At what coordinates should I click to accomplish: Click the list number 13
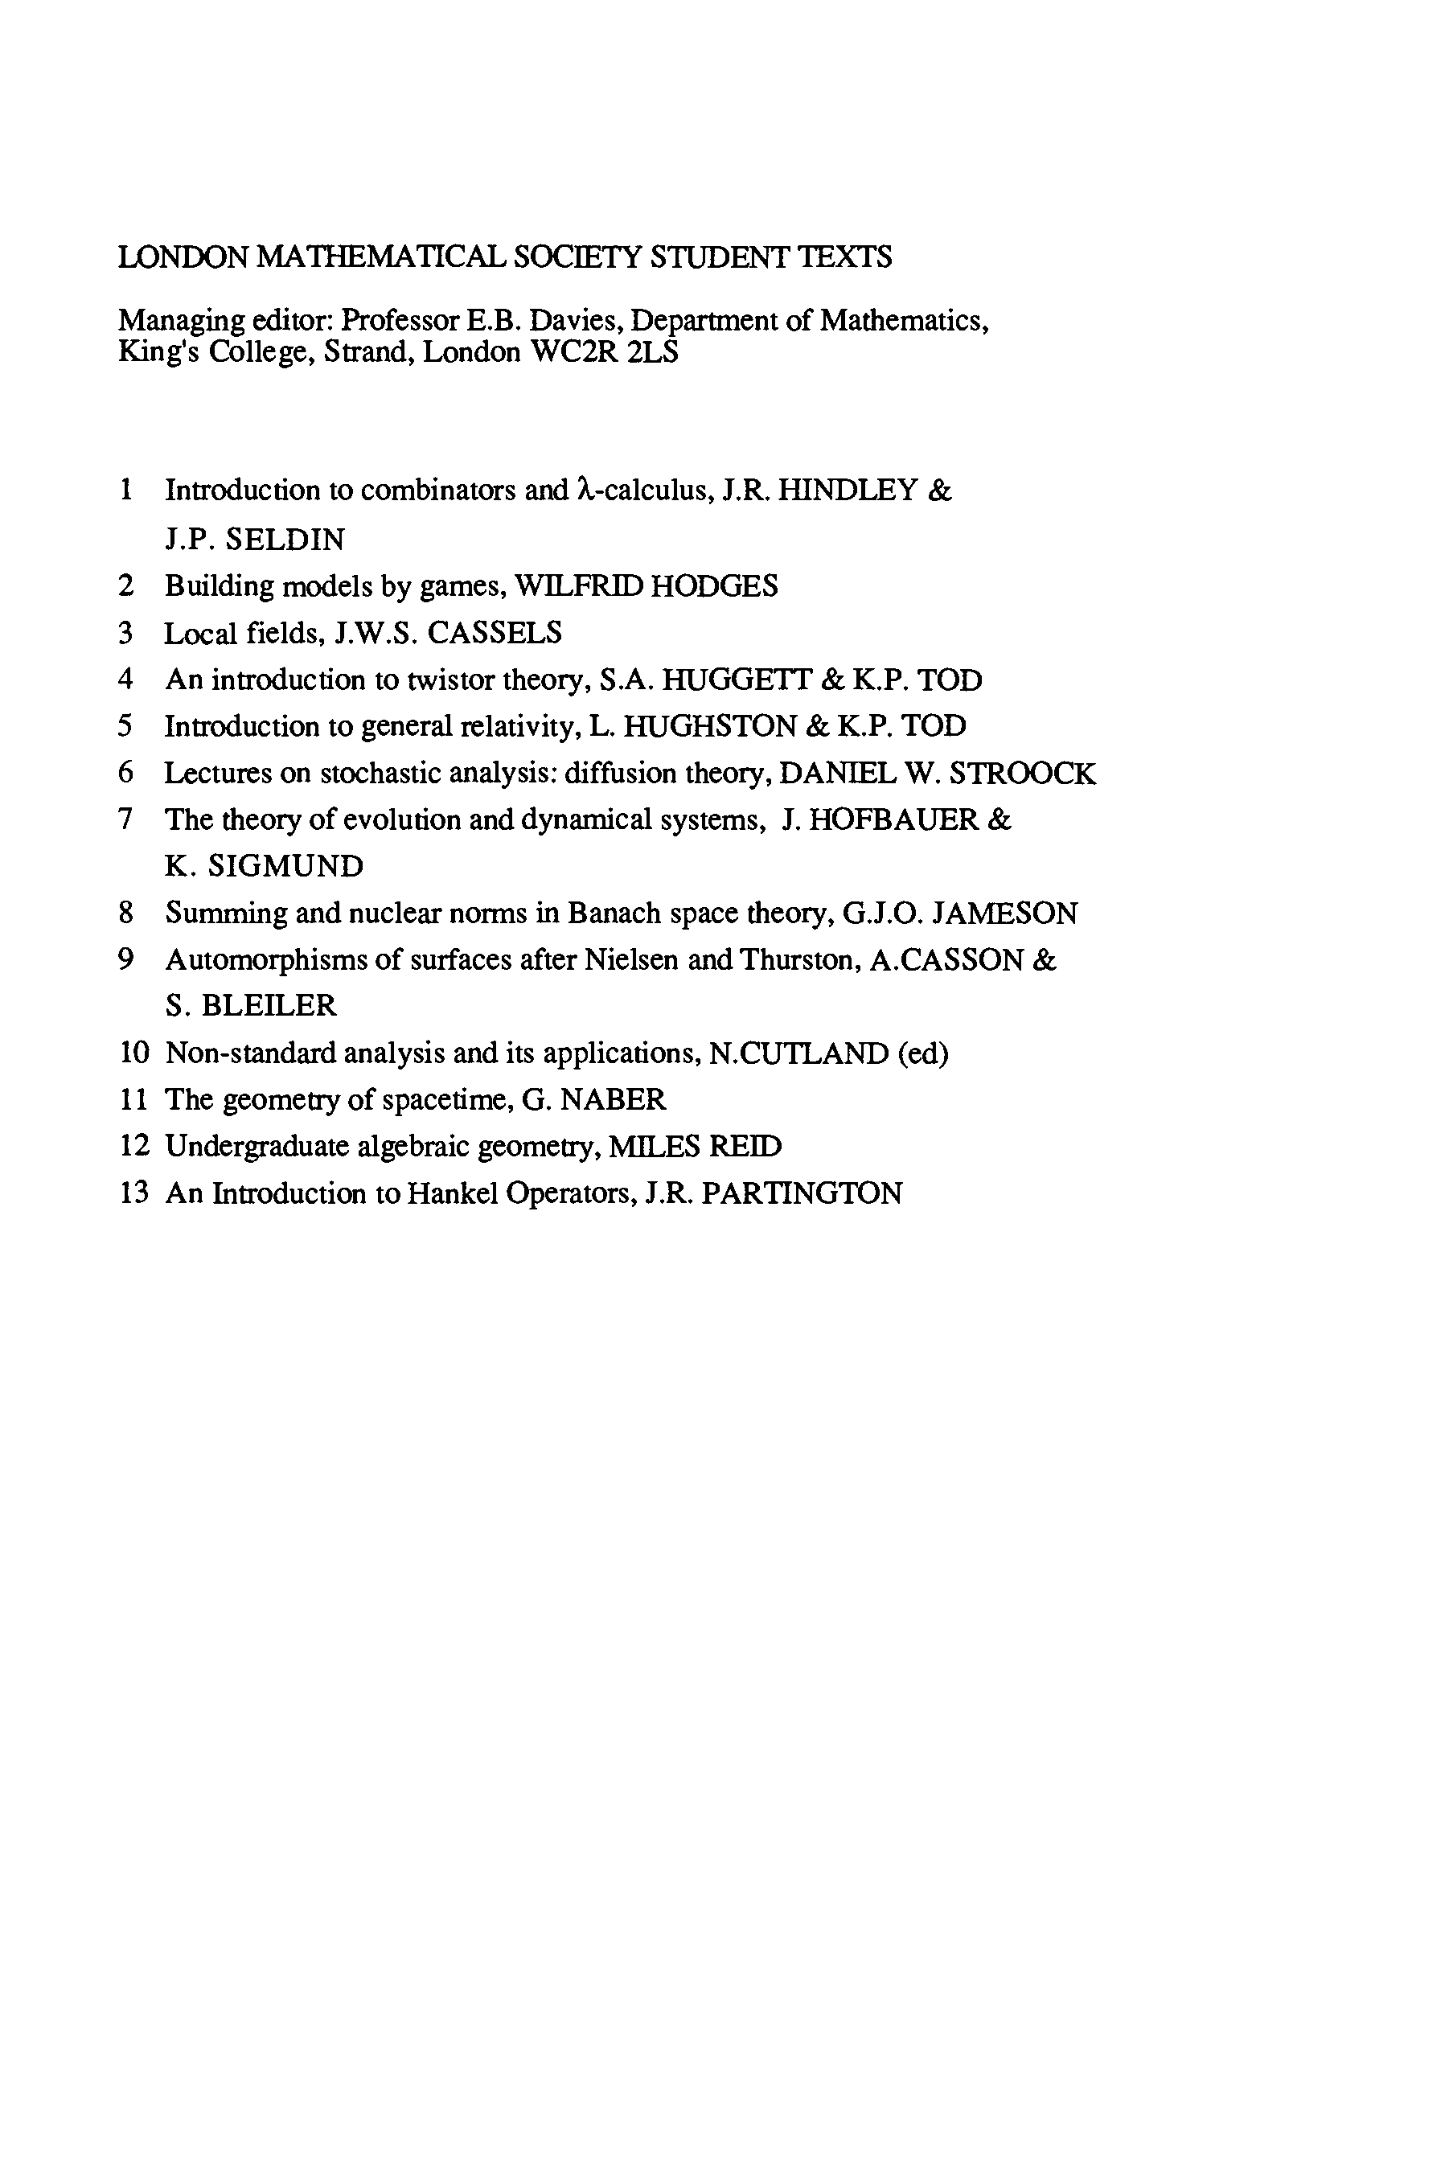(x=134, y=1193)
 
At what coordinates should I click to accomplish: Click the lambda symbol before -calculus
(x=583, y=490)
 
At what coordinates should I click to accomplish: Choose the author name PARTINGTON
(x=801, y=1193)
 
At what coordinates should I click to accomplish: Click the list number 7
(x=126, y=819)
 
